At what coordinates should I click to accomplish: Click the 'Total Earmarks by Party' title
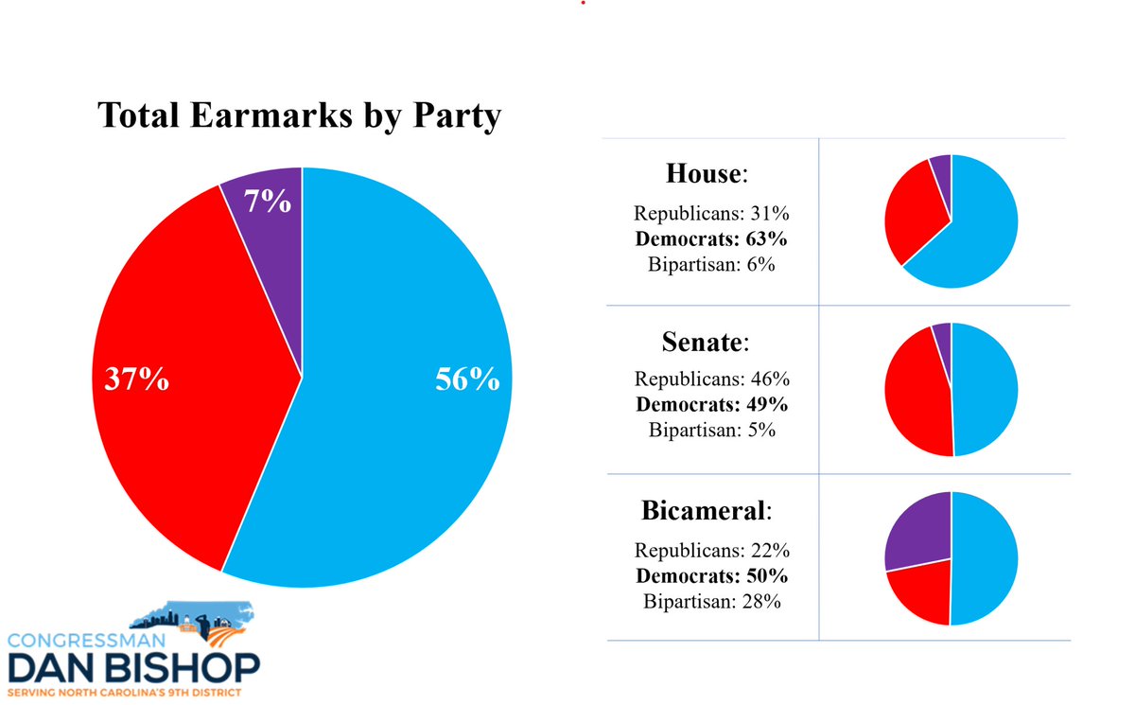pos(299,116)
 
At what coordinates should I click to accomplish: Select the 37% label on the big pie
pos(136,380)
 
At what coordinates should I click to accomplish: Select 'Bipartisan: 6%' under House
pos(711,265)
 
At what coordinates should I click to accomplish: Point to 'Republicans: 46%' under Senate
pos(711,379)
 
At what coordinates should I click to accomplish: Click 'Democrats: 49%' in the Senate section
pos(711,404)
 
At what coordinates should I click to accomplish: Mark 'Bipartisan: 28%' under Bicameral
pos(711,600)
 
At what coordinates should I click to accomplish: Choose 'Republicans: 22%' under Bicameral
pos(711,550)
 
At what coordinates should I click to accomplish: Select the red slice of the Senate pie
pos(916,393)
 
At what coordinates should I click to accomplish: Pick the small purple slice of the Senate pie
pos(942,336)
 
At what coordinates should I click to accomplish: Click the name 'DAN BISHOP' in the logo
pos(131,667)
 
